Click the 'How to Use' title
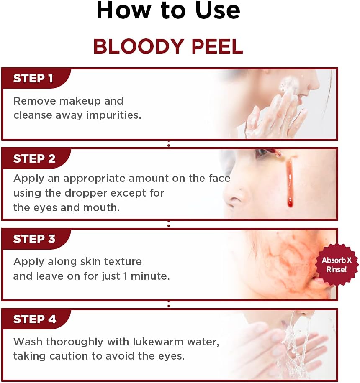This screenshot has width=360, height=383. pyautogui.click(x=168, y=11)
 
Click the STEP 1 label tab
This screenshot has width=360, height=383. pyautogui.click(x=33, y=79)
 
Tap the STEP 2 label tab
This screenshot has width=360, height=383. pyautogui.click(x=34, y=159)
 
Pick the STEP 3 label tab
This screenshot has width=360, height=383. pyautogui.click(x=34, y=239)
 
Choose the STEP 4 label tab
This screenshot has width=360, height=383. pyautogui.click(x=35, y=319)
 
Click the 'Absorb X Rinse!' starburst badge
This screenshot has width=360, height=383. pyautogui.click(x=337, y=265)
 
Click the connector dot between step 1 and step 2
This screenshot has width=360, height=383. pyautogui.click(x=169, y=145)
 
